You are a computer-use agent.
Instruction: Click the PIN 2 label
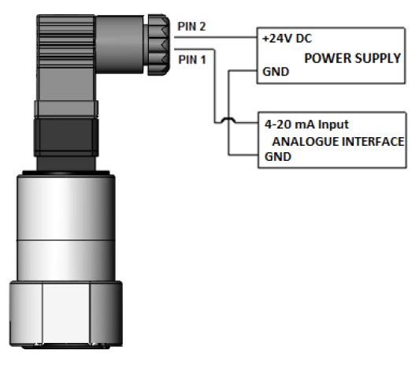pyautogui.click(x=191, y=27)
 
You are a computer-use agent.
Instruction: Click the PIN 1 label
pyautogui.click(x=192, y=60)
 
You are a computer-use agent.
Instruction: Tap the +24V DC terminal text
pyautogui.click(x=287, y=39)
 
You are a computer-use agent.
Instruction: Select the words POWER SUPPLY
pyautogui.click(x=352, y=58)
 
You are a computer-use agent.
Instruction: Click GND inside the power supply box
pyautogui.click(x=276, y=72)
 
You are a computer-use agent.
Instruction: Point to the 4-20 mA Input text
pyautogui.click(x=306, y=125)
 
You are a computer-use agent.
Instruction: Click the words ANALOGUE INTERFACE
pyautogui.click(x=338, y=141)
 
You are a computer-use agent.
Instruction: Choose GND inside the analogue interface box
pyautogui.click(x=278, y=157)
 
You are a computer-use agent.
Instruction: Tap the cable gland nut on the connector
pyautogui.click(x=158, y=45)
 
